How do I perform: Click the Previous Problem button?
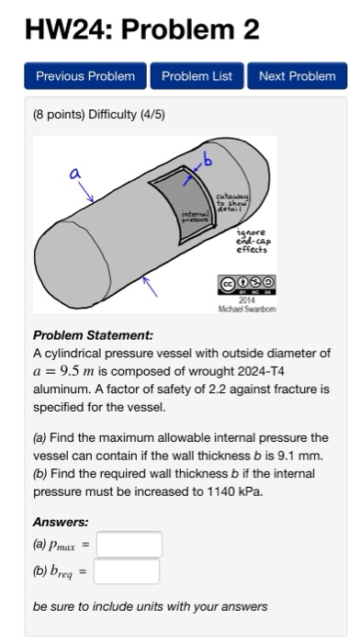click(85, 76)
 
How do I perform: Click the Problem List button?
click(197, 76)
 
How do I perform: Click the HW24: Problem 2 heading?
click(142, 29)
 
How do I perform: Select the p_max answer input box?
click(129, 545)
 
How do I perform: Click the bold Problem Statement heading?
click(93, 336)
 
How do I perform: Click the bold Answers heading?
click(61, 521)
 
